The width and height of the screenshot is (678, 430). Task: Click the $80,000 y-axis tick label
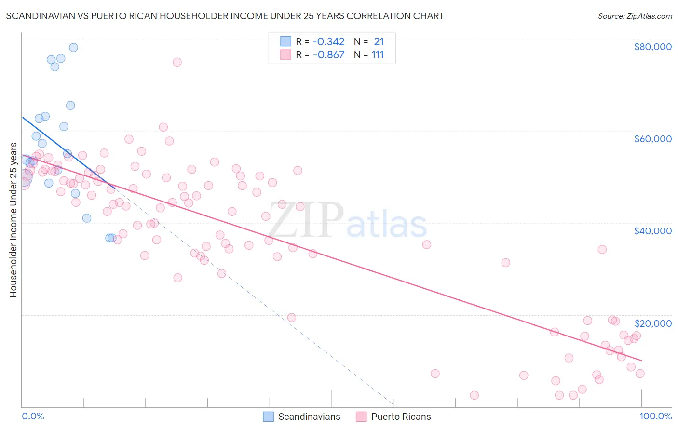653,47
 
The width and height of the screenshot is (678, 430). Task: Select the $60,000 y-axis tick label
653,139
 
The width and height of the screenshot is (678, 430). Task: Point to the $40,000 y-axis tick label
653,231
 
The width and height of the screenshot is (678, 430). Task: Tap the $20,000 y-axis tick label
653,323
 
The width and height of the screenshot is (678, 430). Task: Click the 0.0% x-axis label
33,416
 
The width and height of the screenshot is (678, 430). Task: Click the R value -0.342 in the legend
328,41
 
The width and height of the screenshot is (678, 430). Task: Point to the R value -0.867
328,54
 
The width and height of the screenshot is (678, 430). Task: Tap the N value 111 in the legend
378,54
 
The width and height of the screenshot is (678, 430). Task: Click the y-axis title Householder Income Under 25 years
13,219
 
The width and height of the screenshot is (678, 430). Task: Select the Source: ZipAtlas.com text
635,16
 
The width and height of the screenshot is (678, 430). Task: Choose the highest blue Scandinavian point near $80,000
73,47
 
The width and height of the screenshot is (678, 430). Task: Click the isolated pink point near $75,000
177,62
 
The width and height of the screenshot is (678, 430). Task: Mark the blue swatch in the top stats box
286,41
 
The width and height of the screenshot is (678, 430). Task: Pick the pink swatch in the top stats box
286,54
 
